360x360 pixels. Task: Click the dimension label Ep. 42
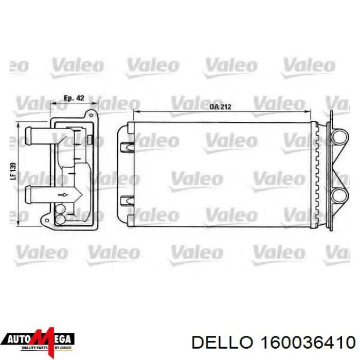pos(74,98)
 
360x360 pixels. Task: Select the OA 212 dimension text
pos(220,107)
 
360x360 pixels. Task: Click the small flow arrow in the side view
pos(63,195)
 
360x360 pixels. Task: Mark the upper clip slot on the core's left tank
pos(125,147)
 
